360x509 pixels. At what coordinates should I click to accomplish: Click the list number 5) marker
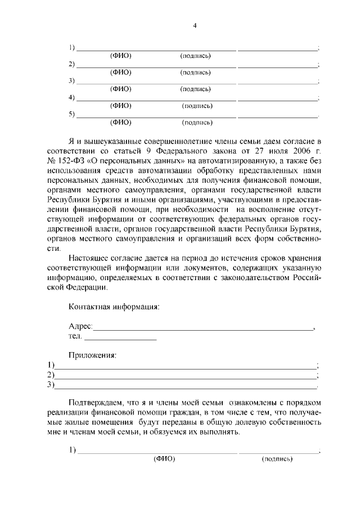(x=71, y=115)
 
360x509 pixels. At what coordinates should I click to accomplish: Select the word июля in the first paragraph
(x=271, y=150)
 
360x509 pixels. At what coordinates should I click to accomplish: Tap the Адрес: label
(x=80, y=327)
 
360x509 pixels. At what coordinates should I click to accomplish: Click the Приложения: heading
(x=92, y=355)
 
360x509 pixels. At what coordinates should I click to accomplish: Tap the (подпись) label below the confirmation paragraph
(x=277, y=459)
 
